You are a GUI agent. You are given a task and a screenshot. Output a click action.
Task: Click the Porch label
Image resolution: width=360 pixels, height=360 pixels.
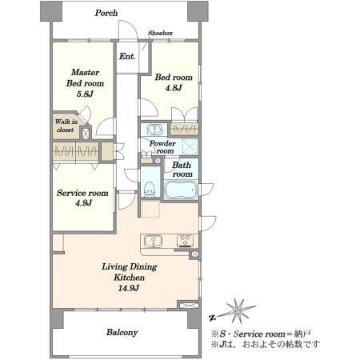click(x=106, y=13)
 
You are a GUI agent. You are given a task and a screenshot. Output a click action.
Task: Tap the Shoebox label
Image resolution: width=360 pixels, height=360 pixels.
click(x=160, y=33)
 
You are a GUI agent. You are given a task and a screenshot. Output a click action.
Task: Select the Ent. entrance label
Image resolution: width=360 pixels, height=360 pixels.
click(x=127, y=56)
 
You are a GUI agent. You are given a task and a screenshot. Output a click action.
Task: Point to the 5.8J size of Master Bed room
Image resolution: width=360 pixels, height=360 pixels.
click(x=85, y=94)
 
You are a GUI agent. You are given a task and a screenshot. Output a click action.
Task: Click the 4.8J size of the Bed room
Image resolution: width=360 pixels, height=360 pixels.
click(x=174, y=88)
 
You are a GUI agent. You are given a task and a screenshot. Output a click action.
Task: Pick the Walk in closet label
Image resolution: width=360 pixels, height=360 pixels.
click(x=66, y=126)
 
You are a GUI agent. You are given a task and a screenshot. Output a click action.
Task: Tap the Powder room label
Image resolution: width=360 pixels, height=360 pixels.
click(x=162, y=147)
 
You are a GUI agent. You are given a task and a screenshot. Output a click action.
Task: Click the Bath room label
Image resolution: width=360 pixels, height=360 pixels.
click(x=182, y=170)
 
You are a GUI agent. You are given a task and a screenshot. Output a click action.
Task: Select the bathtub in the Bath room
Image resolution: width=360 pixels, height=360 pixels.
click(x=181, y=190)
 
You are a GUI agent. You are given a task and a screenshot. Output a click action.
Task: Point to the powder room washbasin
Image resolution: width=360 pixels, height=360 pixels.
click(x=154, y=130)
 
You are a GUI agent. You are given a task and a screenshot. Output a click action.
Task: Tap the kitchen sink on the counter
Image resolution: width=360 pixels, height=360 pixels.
click(x=153, y=242)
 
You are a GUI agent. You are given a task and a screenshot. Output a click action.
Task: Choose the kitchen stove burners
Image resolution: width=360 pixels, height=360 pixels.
click(x=185, y=241)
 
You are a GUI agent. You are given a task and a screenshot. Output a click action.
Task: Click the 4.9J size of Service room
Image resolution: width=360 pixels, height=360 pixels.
click(x=83, y=203)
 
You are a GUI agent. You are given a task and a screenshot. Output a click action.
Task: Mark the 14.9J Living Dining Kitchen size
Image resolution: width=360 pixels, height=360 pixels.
click(x=129, y=288)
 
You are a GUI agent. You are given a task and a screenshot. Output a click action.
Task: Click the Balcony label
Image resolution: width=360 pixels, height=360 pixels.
click(x=122, y=332)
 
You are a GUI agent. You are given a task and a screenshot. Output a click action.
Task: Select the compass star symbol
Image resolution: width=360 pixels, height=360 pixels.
click(x=238, y=310)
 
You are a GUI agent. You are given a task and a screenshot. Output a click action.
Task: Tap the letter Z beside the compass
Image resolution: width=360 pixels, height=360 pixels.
click(x=213, y=318)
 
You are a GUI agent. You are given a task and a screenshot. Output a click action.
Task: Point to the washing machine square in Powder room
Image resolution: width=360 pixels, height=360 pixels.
click(x=190, y=146)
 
